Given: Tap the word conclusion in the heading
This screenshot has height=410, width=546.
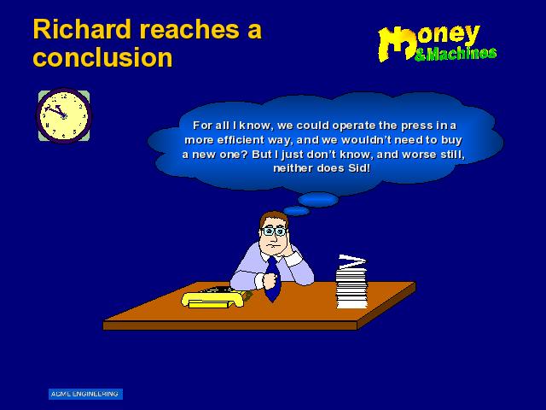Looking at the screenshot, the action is (102, 57).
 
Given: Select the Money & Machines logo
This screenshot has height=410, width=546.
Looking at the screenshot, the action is (438, 44).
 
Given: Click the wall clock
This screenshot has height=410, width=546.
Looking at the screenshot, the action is (64, 116).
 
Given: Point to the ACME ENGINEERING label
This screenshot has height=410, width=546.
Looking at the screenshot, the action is (85, 394).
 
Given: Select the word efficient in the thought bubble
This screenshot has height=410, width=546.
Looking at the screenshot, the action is (241, 140).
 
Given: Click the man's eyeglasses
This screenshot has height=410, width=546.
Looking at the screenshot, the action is (275, 231).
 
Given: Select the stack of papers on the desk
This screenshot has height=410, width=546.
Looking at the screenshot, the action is (351, 282).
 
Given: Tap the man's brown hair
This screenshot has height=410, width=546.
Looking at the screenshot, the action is (274, 219).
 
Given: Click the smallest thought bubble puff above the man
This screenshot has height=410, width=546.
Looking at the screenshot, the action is (296, 211).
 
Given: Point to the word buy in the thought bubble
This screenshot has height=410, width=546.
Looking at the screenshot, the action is (451, 140).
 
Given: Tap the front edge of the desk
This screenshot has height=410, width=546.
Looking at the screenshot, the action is (230, 325).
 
